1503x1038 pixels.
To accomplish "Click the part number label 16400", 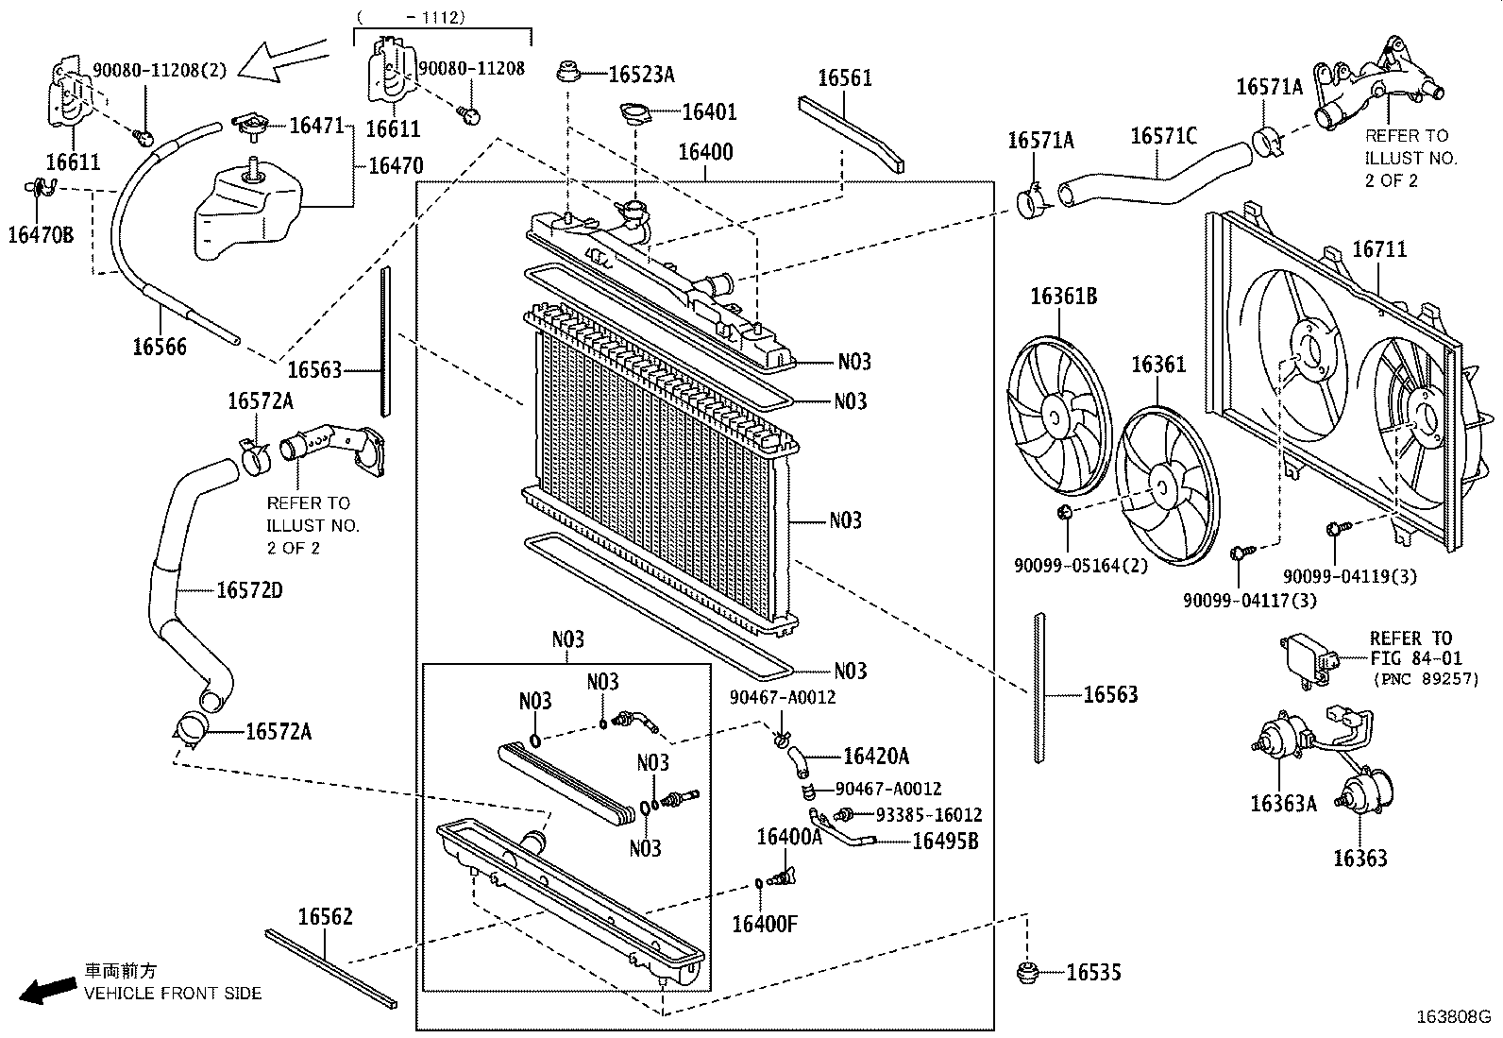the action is (705, 152).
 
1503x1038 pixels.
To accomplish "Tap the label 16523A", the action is (641, 75).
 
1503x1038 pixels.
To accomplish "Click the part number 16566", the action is (160, 348).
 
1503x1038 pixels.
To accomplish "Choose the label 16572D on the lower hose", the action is (249, 591).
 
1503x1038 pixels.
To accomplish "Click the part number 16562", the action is (326, 916).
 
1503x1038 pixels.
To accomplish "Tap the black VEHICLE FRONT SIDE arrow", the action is (47, 990).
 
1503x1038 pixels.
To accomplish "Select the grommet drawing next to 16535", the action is (1026, 973).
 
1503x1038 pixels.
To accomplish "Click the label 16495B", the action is (945, 842).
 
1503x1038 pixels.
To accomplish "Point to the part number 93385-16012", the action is (929, 815).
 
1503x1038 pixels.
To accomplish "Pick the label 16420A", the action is (875, 757).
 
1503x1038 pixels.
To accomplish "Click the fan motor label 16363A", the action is (1284, 804).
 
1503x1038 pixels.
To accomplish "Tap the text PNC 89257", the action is (1426, 679).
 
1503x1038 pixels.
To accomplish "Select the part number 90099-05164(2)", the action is (1081, 566).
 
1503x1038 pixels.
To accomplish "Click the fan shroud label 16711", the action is (1379, 249).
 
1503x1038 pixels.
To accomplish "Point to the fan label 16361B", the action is (1063, 296).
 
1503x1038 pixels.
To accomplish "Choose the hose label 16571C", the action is (1163, 136).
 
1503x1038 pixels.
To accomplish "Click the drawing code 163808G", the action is (1453, 1017).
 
